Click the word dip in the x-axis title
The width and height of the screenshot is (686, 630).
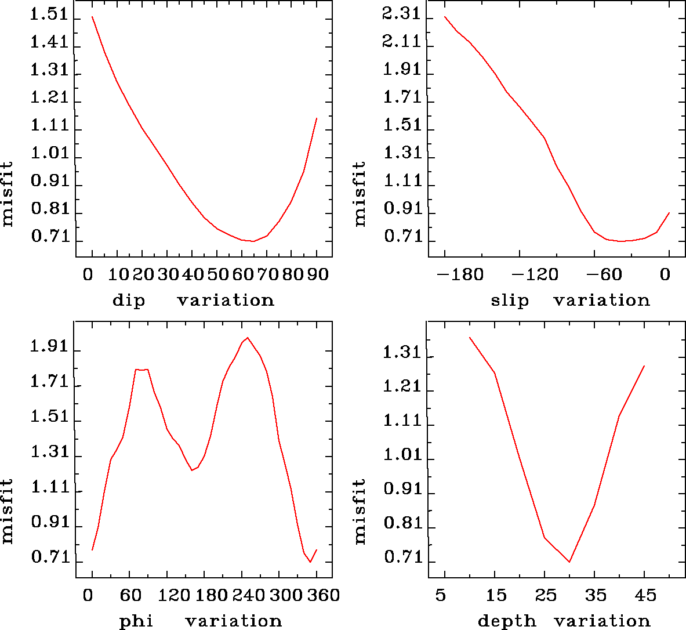click(x=128, y=300)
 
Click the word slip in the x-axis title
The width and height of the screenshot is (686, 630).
click(x=510, y=300)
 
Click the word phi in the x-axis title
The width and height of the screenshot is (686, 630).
click(x=136, y=621)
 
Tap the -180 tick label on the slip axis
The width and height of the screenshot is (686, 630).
click(x=461, y=274)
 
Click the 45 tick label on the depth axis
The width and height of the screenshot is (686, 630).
click(x=645, y=595)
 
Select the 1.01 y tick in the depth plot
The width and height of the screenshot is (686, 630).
click(x=401, y=455)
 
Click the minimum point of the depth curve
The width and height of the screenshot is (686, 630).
click(x=569, y=562)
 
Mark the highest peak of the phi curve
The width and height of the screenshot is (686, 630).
click(x=248, y=338)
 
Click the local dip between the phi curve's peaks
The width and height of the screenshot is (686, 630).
click(x=192, y=470)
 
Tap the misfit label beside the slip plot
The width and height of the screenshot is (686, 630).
click(x=360, y=194)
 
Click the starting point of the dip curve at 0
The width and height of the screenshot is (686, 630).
click(x=92, y=17)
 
